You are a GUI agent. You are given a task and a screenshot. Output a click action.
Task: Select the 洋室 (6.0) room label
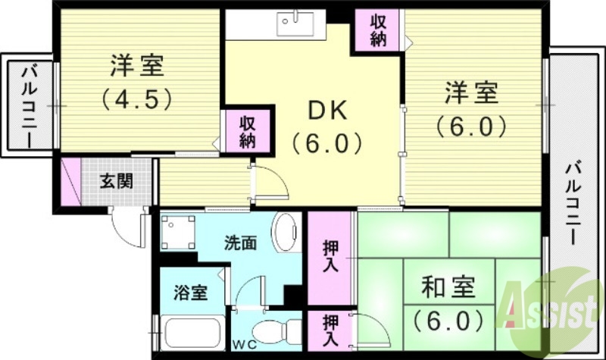pos(470,110)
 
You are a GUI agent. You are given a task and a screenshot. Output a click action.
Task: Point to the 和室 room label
pos(449,303)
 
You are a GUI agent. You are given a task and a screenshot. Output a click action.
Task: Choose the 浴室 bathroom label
pos(189,293)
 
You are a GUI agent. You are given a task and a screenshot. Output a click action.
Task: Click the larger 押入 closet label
pos(331,256)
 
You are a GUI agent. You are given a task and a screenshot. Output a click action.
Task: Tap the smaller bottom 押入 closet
pos(331,331)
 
